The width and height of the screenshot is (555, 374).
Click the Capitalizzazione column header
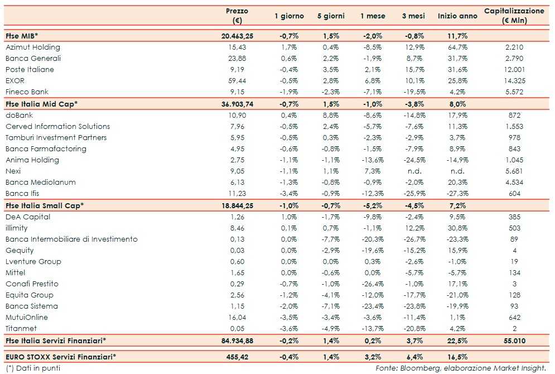[x=514, y=16]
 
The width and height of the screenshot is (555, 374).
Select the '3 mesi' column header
[x=412, y=16]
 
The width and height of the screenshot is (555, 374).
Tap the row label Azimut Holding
[x=33, y=47]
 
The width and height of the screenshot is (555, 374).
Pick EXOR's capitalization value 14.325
[x=514, y=81]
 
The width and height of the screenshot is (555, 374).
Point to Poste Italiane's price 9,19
[x=237, y=70]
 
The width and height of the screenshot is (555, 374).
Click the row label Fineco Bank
[x=27, y=92]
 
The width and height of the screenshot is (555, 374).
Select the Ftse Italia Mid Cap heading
[x=41, y=104]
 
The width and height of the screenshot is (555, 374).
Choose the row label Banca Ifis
[x=22, y=194]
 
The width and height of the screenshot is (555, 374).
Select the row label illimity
[x=17, y=228]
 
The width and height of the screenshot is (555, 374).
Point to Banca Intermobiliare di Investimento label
[x=71, y=239]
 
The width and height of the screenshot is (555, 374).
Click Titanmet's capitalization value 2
[x=514, y=329]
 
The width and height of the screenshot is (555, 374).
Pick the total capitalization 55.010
[x=514, y=341]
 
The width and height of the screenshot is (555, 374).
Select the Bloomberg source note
[x=460, y=368]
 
